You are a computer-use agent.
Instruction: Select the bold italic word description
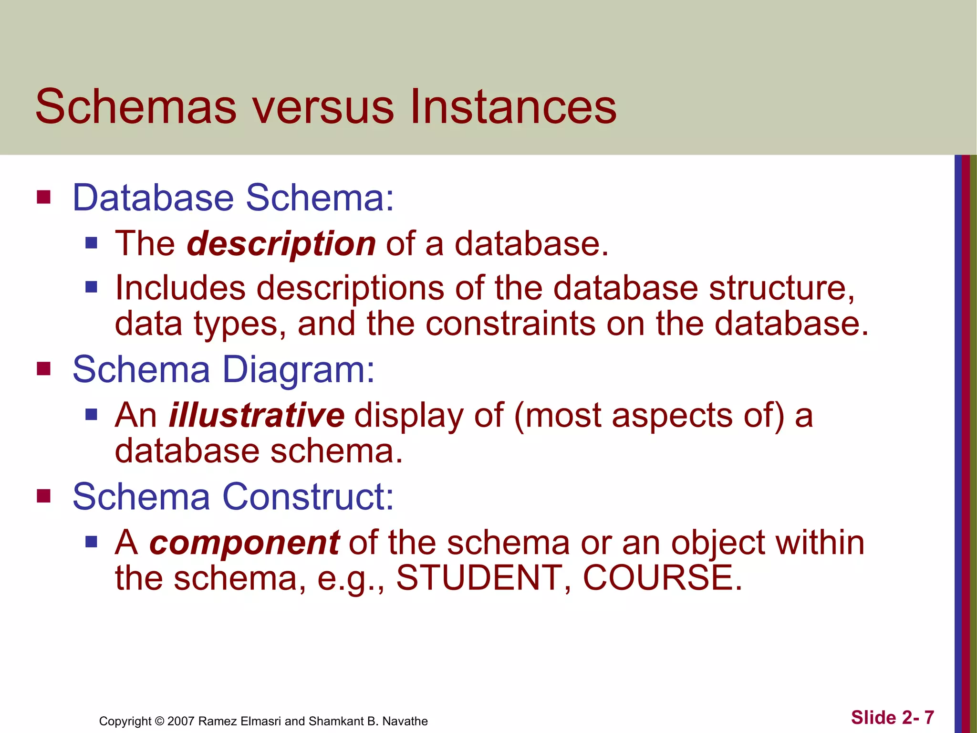click(x=281, y=244)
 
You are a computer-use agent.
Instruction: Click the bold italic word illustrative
click(x=257, y=415)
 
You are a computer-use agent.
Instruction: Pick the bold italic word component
click(x=244, y=543)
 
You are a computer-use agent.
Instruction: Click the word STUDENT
click(x=479, y=578)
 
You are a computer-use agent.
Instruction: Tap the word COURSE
click(x=662, y=578)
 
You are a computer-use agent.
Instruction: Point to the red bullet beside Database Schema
click(x=44, y=197)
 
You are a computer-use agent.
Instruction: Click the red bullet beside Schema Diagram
click(x=44, y=369)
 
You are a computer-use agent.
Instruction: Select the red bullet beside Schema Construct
click(x=44, y=496)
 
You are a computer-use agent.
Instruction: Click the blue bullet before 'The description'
click(x=91, y=243)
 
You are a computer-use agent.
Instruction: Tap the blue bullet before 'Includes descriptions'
click(x=91, y=287)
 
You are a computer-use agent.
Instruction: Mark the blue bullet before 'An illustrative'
click(x=91, y=414)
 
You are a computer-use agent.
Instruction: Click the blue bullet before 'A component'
click(x=91, y=542)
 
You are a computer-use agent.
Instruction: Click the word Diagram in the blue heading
click(x=299, y=370)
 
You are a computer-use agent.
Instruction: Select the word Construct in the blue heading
click(x=308, y=497)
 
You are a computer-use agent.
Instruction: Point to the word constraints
click(x=510, y=324)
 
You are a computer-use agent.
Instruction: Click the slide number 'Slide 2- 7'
click(x=893, y=717)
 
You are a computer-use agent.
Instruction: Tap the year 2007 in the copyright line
click(x=181, y=721)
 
